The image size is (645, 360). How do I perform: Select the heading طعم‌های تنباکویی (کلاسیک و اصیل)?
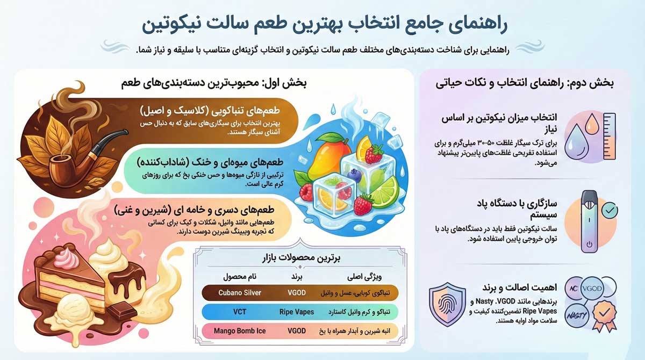(x=217, y=111)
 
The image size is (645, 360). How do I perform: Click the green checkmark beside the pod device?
(x=609, y=211)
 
